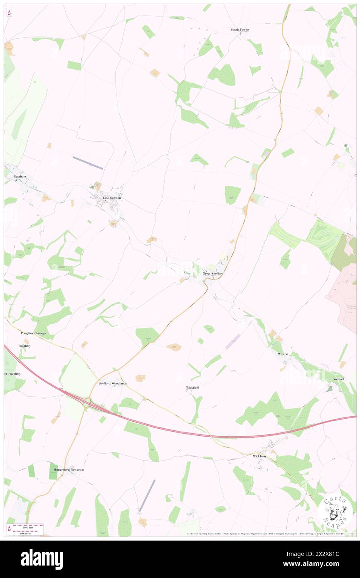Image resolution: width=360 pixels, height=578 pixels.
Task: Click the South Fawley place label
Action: (x=240, y=30)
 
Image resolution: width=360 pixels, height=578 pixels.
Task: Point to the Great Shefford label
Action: (x=213, y=274)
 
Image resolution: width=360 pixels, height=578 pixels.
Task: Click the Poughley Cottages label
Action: (x=34, y=333)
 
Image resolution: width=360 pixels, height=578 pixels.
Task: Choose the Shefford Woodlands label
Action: (x=112, y=383)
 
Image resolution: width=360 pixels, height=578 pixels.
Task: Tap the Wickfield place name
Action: (x=192, y=388)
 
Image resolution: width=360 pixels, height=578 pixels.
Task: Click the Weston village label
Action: (x=283, y=354)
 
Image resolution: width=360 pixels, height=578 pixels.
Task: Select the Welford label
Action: (x=338, y=379)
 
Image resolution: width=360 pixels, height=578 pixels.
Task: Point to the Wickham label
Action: (x=259, y=456)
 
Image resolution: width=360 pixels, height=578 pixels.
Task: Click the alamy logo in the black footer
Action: (x=42, y=559)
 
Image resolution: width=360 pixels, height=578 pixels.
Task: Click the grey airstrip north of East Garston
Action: (x=88, y=163)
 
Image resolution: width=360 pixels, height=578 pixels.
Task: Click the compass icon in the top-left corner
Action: (x=9, y=13)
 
